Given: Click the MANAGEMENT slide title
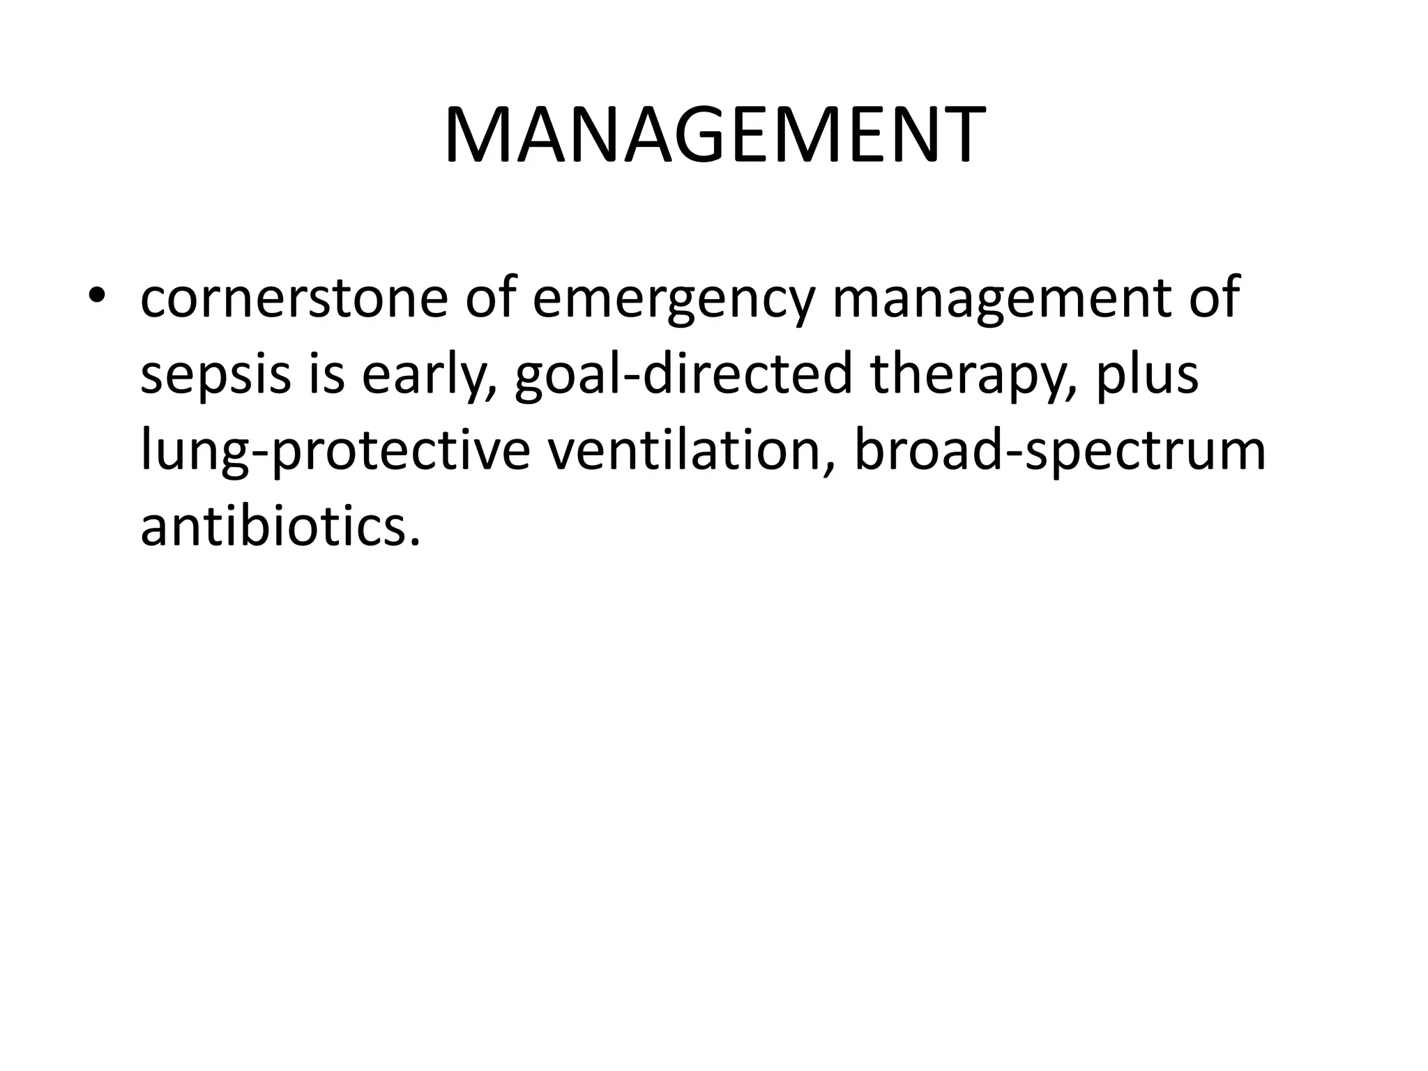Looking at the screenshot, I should (714, 136).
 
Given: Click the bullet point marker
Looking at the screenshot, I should (98, 296).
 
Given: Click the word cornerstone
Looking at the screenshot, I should (294, 297).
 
